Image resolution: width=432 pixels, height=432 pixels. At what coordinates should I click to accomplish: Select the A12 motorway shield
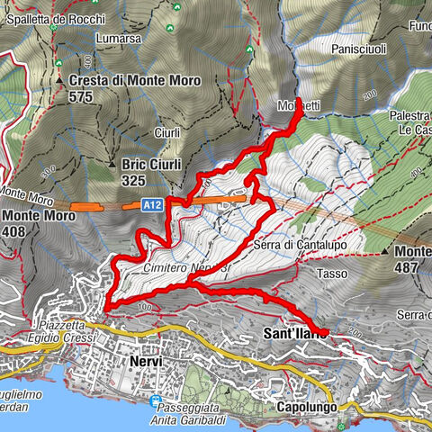pyautogui.click(x=152, y=206)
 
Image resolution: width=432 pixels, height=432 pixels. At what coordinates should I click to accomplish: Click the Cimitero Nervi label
pyautogui.click(x=171, y=268)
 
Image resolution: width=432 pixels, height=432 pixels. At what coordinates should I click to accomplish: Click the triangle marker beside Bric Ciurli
pyautogui.click(x=111, y=165)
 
